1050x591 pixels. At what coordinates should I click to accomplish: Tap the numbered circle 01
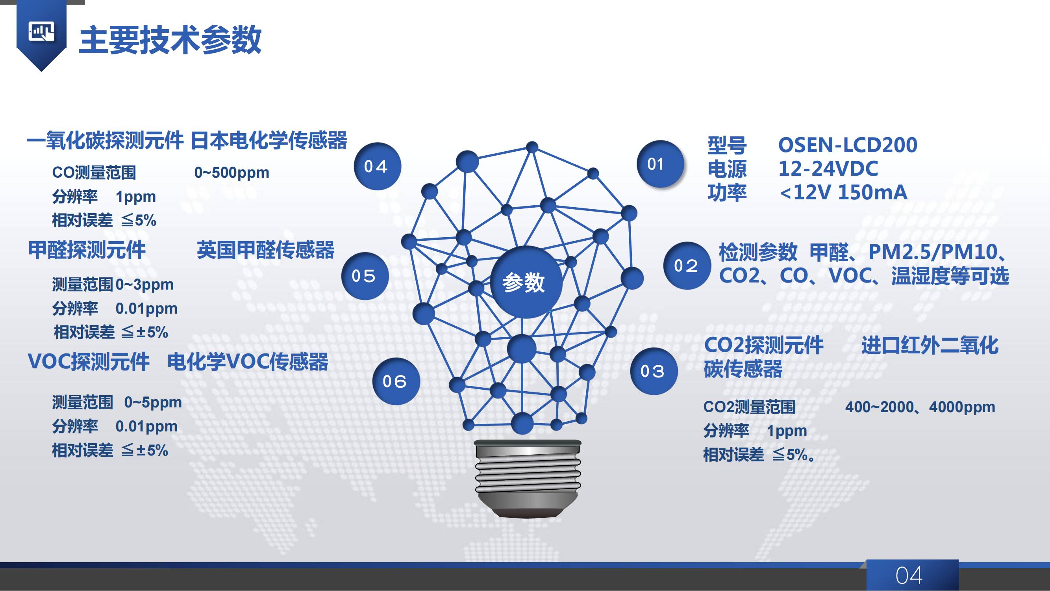click(660, 164)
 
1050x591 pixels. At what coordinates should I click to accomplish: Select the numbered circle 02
click(687, 266)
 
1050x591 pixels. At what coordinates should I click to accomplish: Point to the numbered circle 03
click(654, 371)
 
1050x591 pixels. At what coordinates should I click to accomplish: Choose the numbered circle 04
click(378, 166)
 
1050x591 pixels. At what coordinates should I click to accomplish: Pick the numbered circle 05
click(365, 276)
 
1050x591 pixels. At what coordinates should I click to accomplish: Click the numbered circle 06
click(396, 381)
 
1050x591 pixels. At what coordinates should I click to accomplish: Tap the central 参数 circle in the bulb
click(526, 282)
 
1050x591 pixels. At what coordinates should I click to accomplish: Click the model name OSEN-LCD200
click(848, 145)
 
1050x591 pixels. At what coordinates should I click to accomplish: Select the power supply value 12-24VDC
click(828, 169)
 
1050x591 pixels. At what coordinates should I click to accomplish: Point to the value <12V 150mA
click(843, 193)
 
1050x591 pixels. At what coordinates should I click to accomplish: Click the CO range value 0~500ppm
click(231, 173)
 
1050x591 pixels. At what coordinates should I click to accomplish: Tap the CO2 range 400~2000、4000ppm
click(920, 407)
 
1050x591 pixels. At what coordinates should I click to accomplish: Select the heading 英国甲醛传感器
click(266, 250)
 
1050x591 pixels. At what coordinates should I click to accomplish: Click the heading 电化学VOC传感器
click(248, 361)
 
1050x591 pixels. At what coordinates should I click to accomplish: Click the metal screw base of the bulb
click(528, 478)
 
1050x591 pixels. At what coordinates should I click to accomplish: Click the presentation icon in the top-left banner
click(41, 32)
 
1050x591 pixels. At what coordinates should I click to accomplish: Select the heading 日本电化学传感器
click(269, 140)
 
